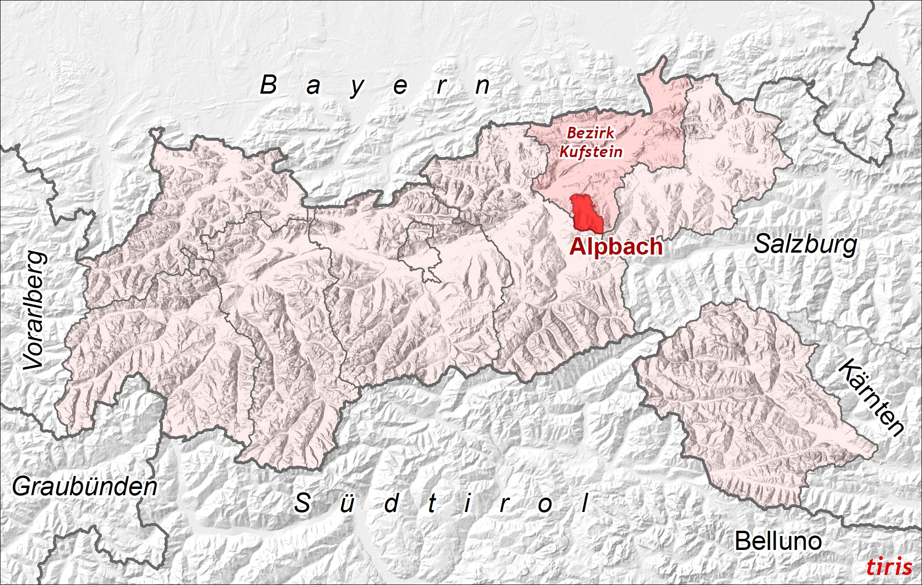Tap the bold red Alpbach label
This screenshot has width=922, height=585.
click(x=616, y=246)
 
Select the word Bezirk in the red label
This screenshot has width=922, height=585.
click(x=590, y=133)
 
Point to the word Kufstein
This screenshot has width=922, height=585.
click(x=591, y=152)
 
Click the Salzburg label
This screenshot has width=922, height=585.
click(x=805, y=244)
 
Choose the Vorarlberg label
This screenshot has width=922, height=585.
click(x=35, y=311)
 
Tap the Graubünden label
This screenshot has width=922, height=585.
click(x=85, y=487)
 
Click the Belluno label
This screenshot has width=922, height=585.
click(x=778, y=541)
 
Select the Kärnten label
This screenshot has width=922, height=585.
click(x=871, y=397)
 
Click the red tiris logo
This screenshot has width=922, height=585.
click(x=889, y=567)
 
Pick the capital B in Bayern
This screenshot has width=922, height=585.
click(x=269, y=85)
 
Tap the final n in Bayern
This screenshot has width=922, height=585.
click(x=482, y=86)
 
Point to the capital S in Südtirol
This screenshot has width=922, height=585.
click(x=302, y=503)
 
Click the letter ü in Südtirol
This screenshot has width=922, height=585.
click(x=347, y=503)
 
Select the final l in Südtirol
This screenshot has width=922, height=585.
click(x=585, y=503)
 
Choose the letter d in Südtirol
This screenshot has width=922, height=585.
click(x=392, y=503)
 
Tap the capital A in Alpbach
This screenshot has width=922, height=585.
click(x=578, y=246)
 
